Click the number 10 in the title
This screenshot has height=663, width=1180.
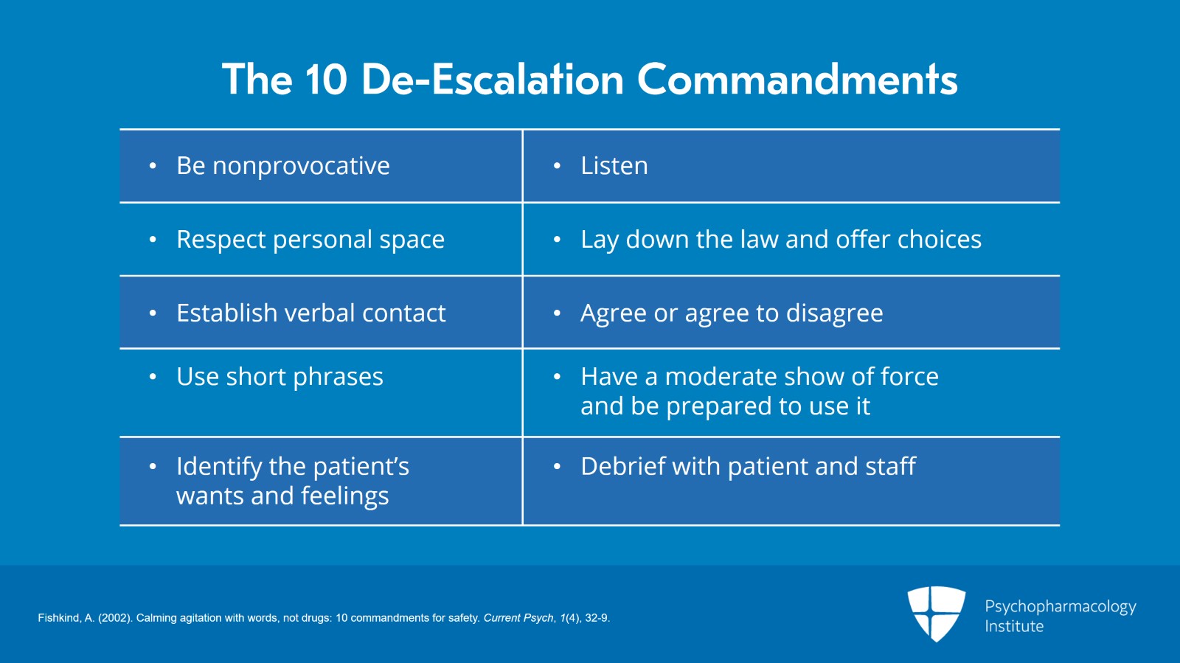coord(326,80)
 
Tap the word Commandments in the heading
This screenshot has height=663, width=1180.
coord(797,80)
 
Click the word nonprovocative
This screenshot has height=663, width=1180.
coord(302,167)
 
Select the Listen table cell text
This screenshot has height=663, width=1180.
coord(614,165)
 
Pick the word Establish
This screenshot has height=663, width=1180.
coord(227,313)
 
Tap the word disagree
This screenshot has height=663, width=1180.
coord(834,314)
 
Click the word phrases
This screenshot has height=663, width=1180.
coord(338,377)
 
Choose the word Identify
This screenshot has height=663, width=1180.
coord(219,467)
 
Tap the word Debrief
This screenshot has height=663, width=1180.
coord(622,467)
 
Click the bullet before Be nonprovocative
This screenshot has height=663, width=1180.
coord(153,167)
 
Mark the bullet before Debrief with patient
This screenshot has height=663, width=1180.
coord(557,467)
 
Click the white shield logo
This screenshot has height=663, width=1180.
coord(936,614)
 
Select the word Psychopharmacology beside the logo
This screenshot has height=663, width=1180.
coord(1061,607)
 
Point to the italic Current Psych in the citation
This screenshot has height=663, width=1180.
coord(518,618)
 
